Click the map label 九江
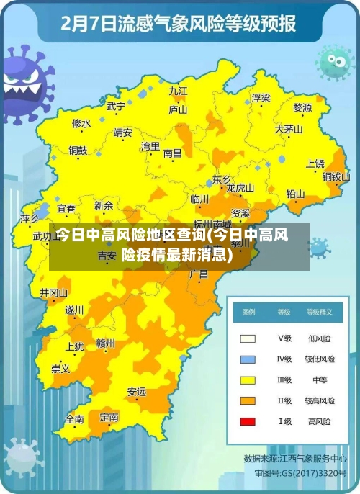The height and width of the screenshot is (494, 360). [x=178, y=91]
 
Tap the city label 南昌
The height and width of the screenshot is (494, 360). [x=173, y=153]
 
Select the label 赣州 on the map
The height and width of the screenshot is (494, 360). [x=105, y=343]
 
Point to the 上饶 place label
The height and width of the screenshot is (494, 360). [x=315, y=163]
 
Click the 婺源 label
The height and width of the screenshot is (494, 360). [x=302, y=108]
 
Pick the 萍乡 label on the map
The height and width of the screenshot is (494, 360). [x=30, y=218]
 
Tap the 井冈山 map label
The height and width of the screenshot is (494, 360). [x=53, y=293]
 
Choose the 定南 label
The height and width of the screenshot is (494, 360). [x=109, y=416]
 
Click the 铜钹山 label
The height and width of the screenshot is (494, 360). [x=336, y=176]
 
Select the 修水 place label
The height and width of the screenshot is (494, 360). [x=81, y=123]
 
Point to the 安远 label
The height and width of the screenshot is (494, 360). [x=137, y=392]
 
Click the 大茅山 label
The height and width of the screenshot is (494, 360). [x=288, y=130]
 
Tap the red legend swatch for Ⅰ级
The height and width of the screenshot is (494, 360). [x=248, y=421]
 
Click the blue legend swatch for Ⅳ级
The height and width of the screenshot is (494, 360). [x=248, y=359]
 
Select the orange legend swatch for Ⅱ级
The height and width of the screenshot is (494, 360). [x=248, y=400]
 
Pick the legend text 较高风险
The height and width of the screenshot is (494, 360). [x=318, y=400]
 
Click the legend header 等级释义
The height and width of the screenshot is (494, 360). [x=319, y=313]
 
